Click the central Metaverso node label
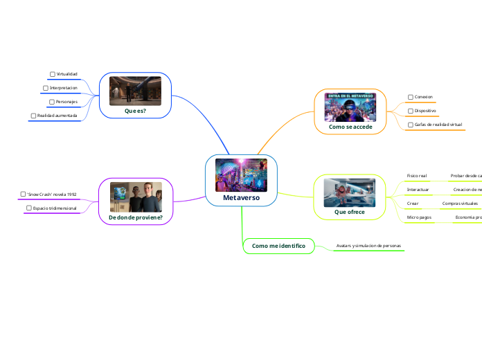tap(241, 197)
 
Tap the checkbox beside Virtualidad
tap(53, 73)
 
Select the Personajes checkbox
tap(51, 102)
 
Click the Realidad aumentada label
tap(57, 115)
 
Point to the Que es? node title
tap(135, 110)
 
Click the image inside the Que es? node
tap(135, 91)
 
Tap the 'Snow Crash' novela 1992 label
tap(51, 195)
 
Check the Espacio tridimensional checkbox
tap(29, 208)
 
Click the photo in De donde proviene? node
tap(136, 197)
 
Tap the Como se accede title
tap(350, 127)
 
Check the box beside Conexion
tap(410, 97)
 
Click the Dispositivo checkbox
tap(410, 110)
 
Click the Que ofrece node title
tap(349, 212)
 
